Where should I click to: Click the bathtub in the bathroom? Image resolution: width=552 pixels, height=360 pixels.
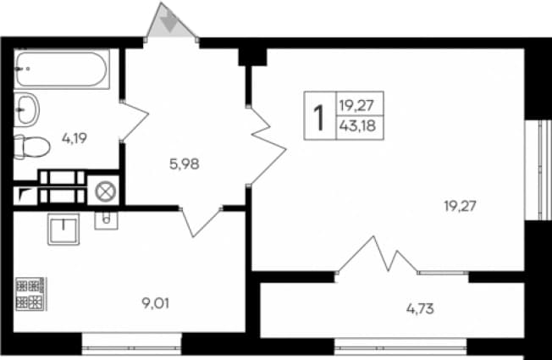tap(62, 69)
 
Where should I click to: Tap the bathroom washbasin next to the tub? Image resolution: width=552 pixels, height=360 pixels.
tap(26, 109)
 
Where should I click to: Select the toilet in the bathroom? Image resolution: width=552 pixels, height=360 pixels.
tap(31, 147)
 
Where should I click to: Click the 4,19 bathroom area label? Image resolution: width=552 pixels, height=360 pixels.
tap(75, 138)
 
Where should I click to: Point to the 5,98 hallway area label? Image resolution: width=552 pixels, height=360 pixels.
tap(185, 163)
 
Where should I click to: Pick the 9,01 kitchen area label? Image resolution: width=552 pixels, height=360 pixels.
tap(155, 303)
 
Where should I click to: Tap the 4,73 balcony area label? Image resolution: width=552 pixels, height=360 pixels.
tap(420, 309)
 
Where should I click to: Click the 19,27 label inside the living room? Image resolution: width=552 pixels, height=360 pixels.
tap(460, 206)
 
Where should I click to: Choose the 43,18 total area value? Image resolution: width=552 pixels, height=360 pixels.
tap(357, 125)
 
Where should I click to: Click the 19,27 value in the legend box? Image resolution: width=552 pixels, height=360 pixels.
tap(356, 105)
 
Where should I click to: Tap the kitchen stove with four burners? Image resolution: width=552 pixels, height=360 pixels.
tap(30, 294)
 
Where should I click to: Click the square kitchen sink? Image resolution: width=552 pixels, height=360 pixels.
tap(63, 230)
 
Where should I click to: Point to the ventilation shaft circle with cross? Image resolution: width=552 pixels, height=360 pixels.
tap(106, 192)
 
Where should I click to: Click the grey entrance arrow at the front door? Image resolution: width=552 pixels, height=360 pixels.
tap(169, 22)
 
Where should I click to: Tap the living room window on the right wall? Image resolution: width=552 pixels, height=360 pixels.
tap(538, 170)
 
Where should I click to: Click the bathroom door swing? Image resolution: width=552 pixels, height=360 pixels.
tap(134, 121)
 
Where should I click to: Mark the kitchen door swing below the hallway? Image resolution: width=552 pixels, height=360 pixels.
tap(201, 223)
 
